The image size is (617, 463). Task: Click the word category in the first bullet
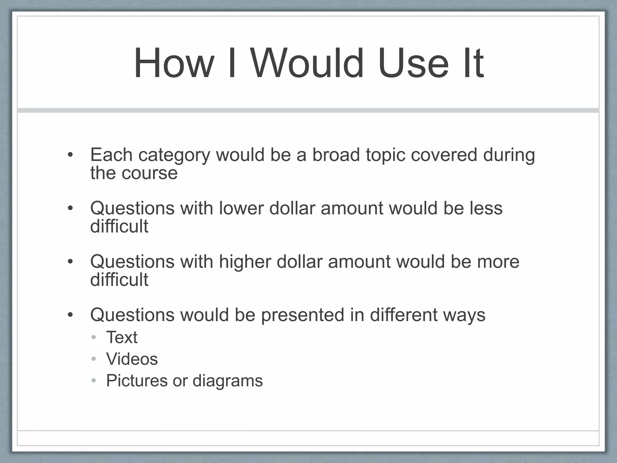(174, 156)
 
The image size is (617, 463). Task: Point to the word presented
(302, 315)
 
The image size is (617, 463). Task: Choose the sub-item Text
(122, 337)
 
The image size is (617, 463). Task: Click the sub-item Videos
(132, 359)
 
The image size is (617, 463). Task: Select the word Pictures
(136, 380)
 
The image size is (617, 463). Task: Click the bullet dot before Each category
(70, 155)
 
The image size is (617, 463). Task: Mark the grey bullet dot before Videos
(94, 359)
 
